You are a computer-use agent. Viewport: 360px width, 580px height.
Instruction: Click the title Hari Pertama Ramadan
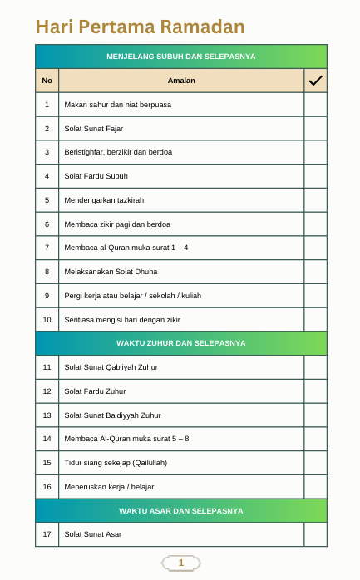[140, 27]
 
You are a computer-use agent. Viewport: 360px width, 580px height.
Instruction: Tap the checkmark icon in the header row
[315, 81]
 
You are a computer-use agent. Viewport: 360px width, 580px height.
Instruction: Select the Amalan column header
[181, 81]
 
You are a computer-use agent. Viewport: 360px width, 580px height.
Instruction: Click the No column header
[47, 81]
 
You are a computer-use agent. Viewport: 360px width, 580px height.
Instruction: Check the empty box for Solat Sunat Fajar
[315, 129]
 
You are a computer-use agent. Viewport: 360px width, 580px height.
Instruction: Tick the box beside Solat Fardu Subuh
[315, 176]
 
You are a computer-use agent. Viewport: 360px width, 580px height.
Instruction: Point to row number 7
[47, 248]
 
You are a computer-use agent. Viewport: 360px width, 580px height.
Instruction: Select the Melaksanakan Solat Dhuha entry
[111, 272]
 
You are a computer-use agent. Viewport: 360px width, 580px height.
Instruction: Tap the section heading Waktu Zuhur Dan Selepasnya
[181, 343]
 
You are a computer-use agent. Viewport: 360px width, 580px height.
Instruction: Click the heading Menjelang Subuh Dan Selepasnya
[181, 57]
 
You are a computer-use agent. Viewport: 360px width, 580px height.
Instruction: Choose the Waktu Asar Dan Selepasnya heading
[181, 510]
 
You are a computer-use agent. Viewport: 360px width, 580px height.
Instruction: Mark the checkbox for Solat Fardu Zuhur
[315, 391]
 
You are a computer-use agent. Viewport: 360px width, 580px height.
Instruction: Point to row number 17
[47, 534]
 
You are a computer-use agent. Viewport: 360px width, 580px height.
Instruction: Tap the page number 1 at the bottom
[180, 563]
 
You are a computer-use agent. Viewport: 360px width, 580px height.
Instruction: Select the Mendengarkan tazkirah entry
[104, 200]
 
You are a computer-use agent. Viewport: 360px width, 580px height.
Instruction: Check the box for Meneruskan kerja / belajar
[315, 486]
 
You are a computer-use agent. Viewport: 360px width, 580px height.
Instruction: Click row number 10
[47, 319]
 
